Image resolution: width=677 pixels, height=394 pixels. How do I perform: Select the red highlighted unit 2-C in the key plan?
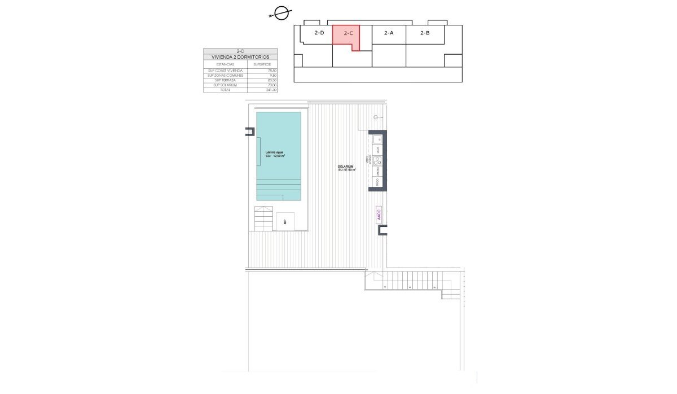coord(345,36)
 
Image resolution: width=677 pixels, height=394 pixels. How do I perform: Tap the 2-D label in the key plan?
coord(319,33)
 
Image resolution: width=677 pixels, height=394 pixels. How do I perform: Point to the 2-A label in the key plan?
coord(389,33)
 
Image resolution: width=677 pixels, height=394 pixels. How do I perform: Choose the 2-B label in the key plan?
coord(425,33)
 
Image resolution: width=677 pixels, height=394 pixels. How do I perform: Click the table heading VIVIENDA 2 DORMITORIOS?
coord(240,57)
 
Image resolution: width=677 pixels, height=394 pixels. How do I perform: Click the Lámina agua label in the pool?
coord(275,152)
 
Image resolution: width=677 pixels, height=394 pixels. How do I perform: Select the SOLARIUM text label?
coord(346,167)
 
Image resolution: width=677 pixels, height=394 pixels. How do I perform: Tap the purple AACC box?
coord(379,214)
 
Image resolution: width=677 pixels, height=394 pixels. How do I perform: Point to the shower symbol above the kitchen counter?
coord(376,117)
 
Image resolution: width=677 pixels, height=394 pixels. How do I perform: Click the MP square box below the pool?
coord(285,221)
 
